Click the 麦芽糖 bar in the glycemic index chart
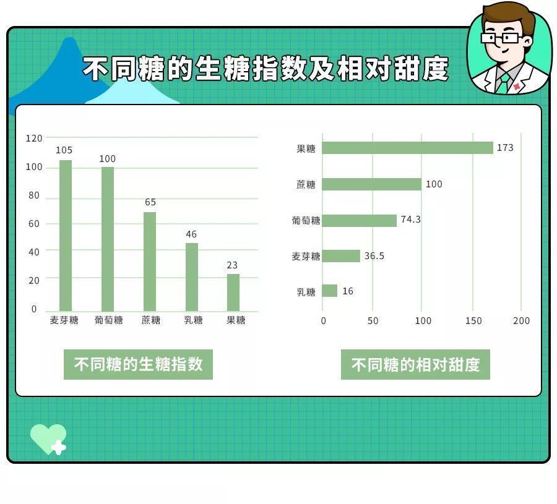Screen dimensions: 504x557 click(x=66, y=235)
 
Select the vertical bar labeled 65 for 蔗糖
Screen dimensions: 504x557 click(x=150, y=261)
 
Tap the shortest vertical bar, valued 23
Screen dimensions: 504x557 click(x=233, y=292)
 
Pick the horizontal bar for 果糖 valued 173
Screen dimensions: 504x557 click(x=407, y=148)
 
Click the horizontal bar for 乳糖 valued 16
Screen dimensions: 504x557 click(x=330, y=291)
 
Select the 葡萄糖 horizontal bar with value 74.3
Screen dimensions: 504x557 click(x=360, y=220)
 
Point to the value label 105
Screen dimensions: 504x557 click(x=64, y=150)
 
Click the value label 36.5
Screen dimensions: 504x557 click(x=374, y=256)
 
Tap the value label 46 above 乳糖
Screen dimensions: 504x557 click(x=191, y=234)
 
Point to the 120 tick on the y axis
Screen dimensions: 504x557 click(x=34, y=139)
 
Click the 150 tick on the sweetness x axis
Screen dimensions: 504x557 click(x=473, y=321)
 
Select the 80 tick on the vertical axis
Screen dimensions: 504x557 click(x=34, y=195)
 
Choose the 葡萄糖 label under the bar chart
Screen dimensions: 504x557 click(x=108, y=320)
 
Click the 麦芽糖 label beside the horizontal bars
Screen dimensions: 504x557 click(x=306, y=256)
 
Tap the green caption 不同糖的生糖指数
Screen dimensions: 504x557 click(x=138, y=365)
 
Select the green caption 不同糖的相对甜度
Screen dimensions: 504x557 click(x=415, y=365)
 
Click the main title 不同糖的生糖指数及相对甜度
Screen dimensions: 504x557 click(x=266, y=69)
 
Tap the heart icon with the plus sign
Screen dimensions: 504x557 click(x=48, y=438)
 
